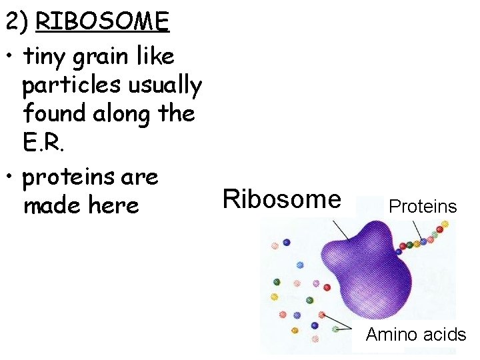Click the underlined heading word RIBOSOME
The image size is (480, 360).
pyautogui.click(x=103, y=22)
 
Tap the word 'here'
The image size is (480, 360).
pyautogui.click(x=113, y=205)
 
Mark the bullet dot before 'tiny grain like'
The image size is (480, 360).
pyautogui.click(x=10, y=57)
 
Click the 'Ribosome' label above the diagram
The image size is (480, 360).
pyautogui.click(x=281, y=199)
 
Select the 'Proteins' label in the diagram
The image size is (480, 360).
pyautogui.click(x=423, y=206)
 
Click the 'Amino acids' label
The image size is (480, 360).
pyautogui.click(x=415, y=334)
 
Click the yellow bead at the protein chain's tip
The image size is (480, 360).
pyautogui.click(x=445, y=225)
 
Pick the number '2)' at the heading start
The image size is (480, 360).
pyautogui.click(x=16, y=22)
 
